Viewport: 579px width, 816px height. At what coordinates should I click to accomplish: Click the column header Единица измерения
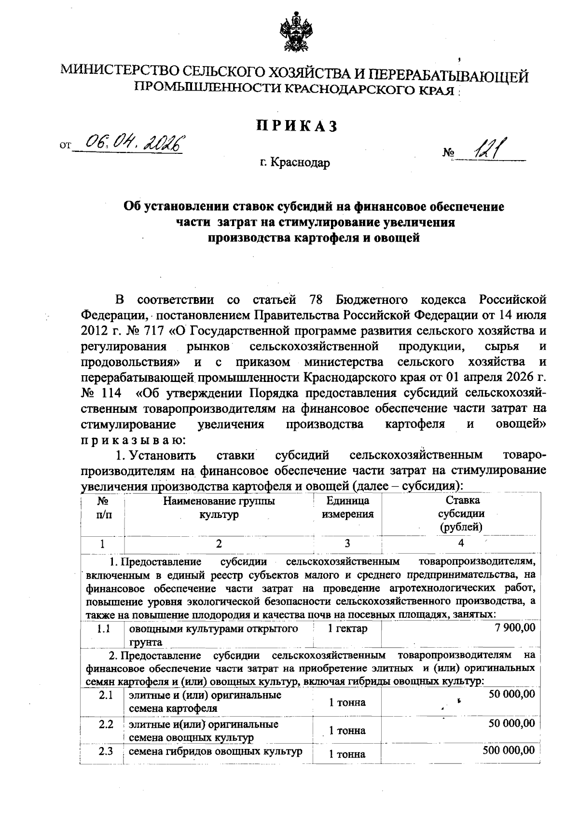(x=347, y=508)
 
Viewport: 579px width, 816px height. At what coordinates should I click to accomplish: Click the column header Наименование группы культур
(x=219, y=508)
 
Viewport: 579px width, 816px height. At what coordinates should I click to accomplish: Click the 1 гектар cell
(x=347, y=629)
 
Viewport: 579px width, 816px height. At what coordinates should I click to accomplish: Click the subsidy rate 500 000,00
(x=509, y=750)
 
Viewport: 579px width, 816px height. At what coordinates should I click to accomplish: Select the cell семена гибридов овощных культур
(x=215, y=751)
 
